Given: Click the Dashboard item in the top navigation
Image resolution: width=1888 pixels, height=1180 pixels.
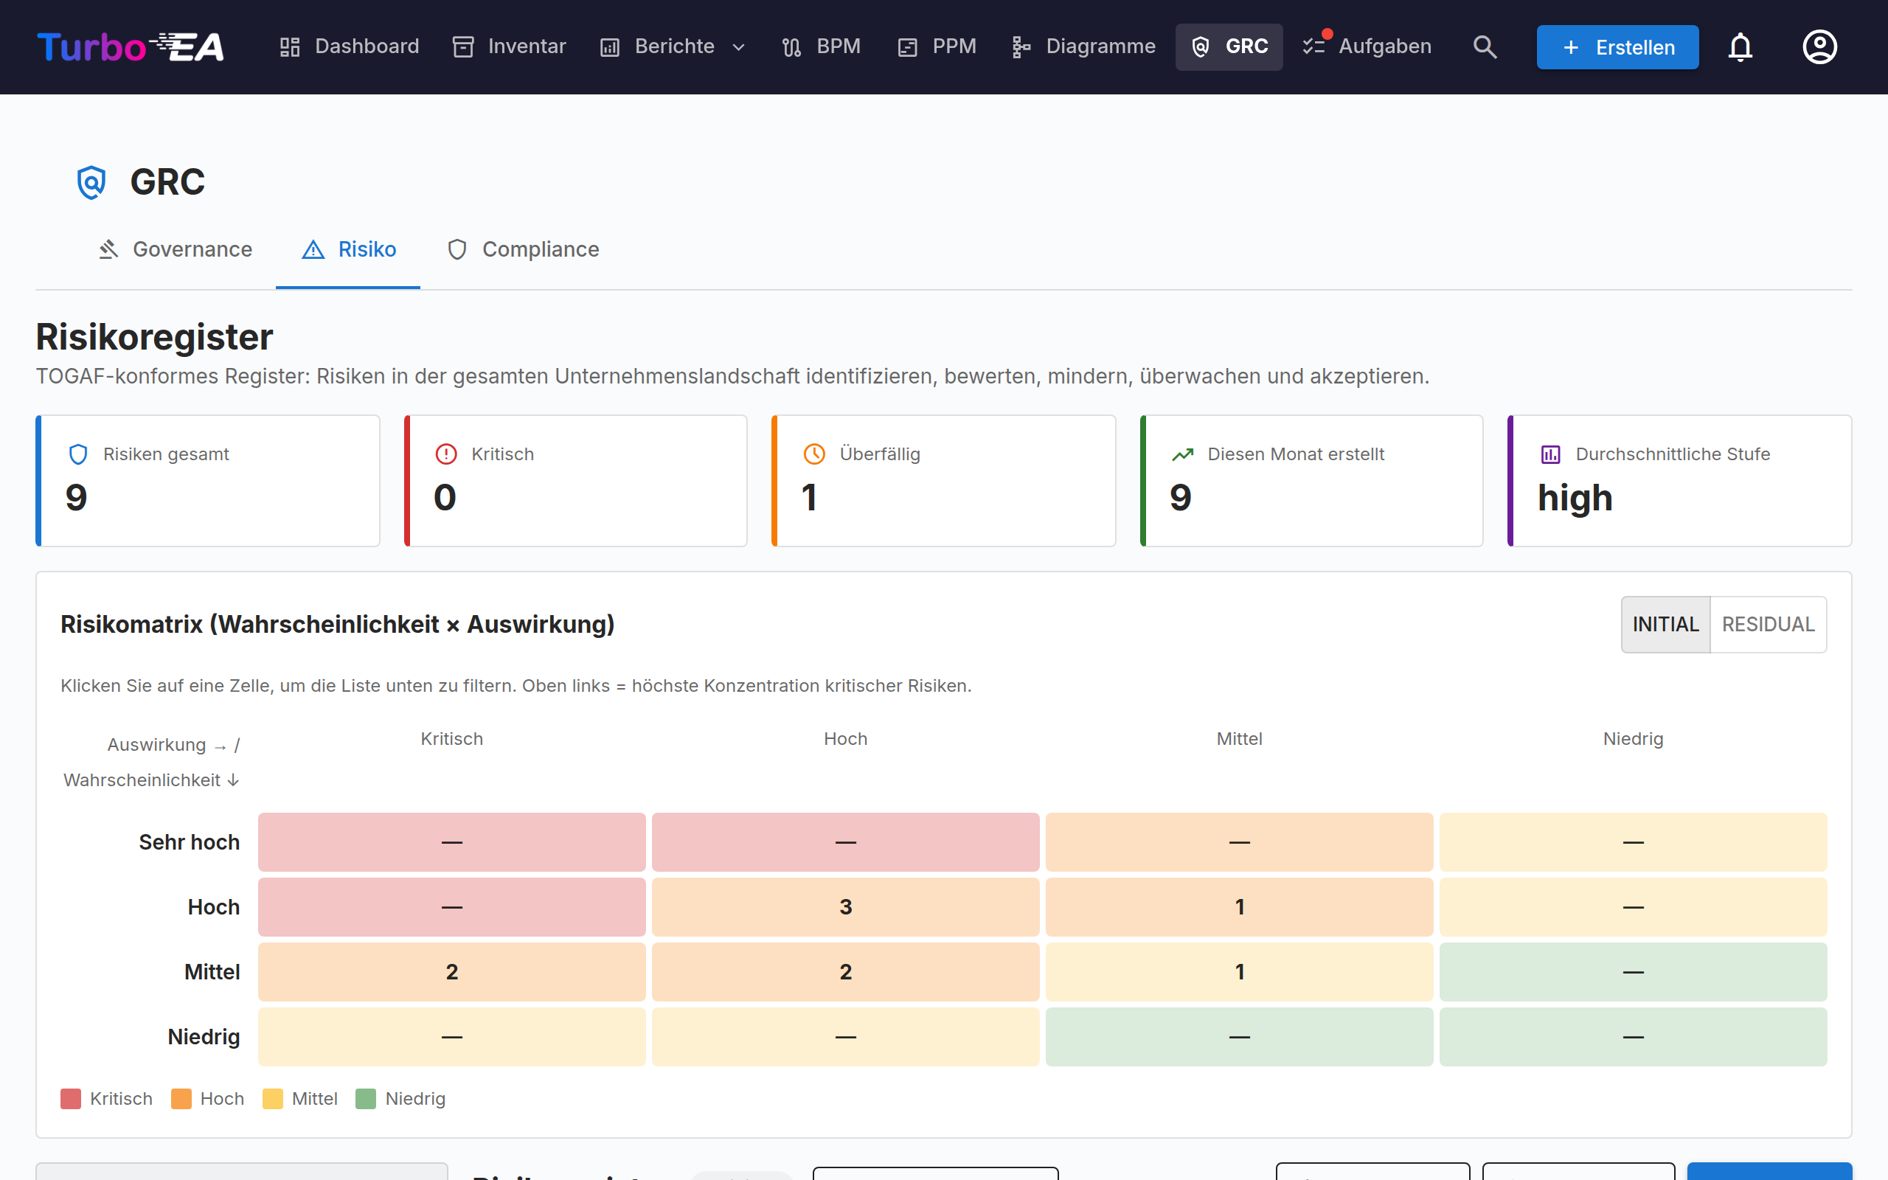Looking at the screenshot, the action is (x=350, y=46).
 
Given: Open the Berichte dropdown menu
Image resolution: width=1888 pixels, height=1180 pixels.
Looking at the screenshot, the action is (x=673, y=46).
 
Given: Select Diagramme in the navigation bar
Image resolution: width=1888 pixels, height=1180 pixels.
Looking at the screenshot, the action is (x=1083, y=46).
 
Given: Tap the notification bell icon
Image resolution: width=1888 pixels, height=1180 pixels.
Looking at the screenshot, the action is (x=1740, y=46).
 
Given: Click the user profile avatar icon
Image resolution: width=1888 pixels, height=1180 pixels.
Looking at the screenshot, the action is (x=1819, y=46).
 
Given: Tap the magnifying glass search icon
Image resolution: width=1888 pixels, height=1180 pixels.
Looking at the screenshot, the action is (x=1485, y=46).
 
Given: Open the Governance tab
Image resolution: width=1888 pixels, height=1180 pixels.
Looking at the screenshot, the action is (x=176, y=250).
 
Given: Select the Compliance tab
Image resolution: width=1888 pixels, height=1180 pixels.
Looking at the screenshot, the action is (x=523, y=250).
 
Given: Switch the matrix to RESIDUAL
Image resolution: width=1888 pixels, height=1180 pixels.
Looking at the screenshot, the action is (x=1768, y=625).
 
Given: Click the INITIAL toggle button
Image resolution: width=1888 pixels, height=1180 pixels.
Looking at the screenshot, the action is (x=1666, y=625).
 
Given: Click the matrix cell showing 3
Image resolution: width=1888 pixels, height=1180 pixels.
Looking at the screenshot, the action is (x=846, y=907).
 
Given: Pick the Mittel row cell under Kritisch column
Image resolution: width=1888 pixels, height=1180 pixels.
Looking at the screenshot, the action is (x=451, y=971).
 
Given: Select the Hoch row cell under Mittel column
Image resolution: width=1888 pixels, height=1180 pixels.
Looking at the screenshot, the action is (x=1239, y=907).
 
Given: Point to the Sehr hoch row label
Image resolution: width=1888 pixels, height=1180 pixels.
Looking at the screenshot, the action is (x=190, y=842).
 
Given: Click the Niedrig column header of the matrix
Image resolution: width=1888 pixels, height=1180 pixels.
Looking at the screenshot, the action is (x=1633, y=739).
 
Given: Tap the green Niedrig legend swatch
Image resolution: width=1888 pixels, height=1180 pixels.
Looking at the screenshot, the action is (x=366, y=1099).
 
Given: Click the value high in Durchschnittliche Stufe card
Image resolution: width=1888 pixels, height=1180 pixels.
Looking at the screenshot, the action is (x=1575, y=498).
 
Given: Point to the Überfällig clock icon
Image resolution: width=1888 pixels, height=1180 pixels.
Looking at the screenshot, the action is (x=813, y=454).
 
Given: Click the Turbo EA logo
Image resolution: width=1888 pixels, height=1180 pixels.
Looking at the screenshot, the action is (x=131, y=46).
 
